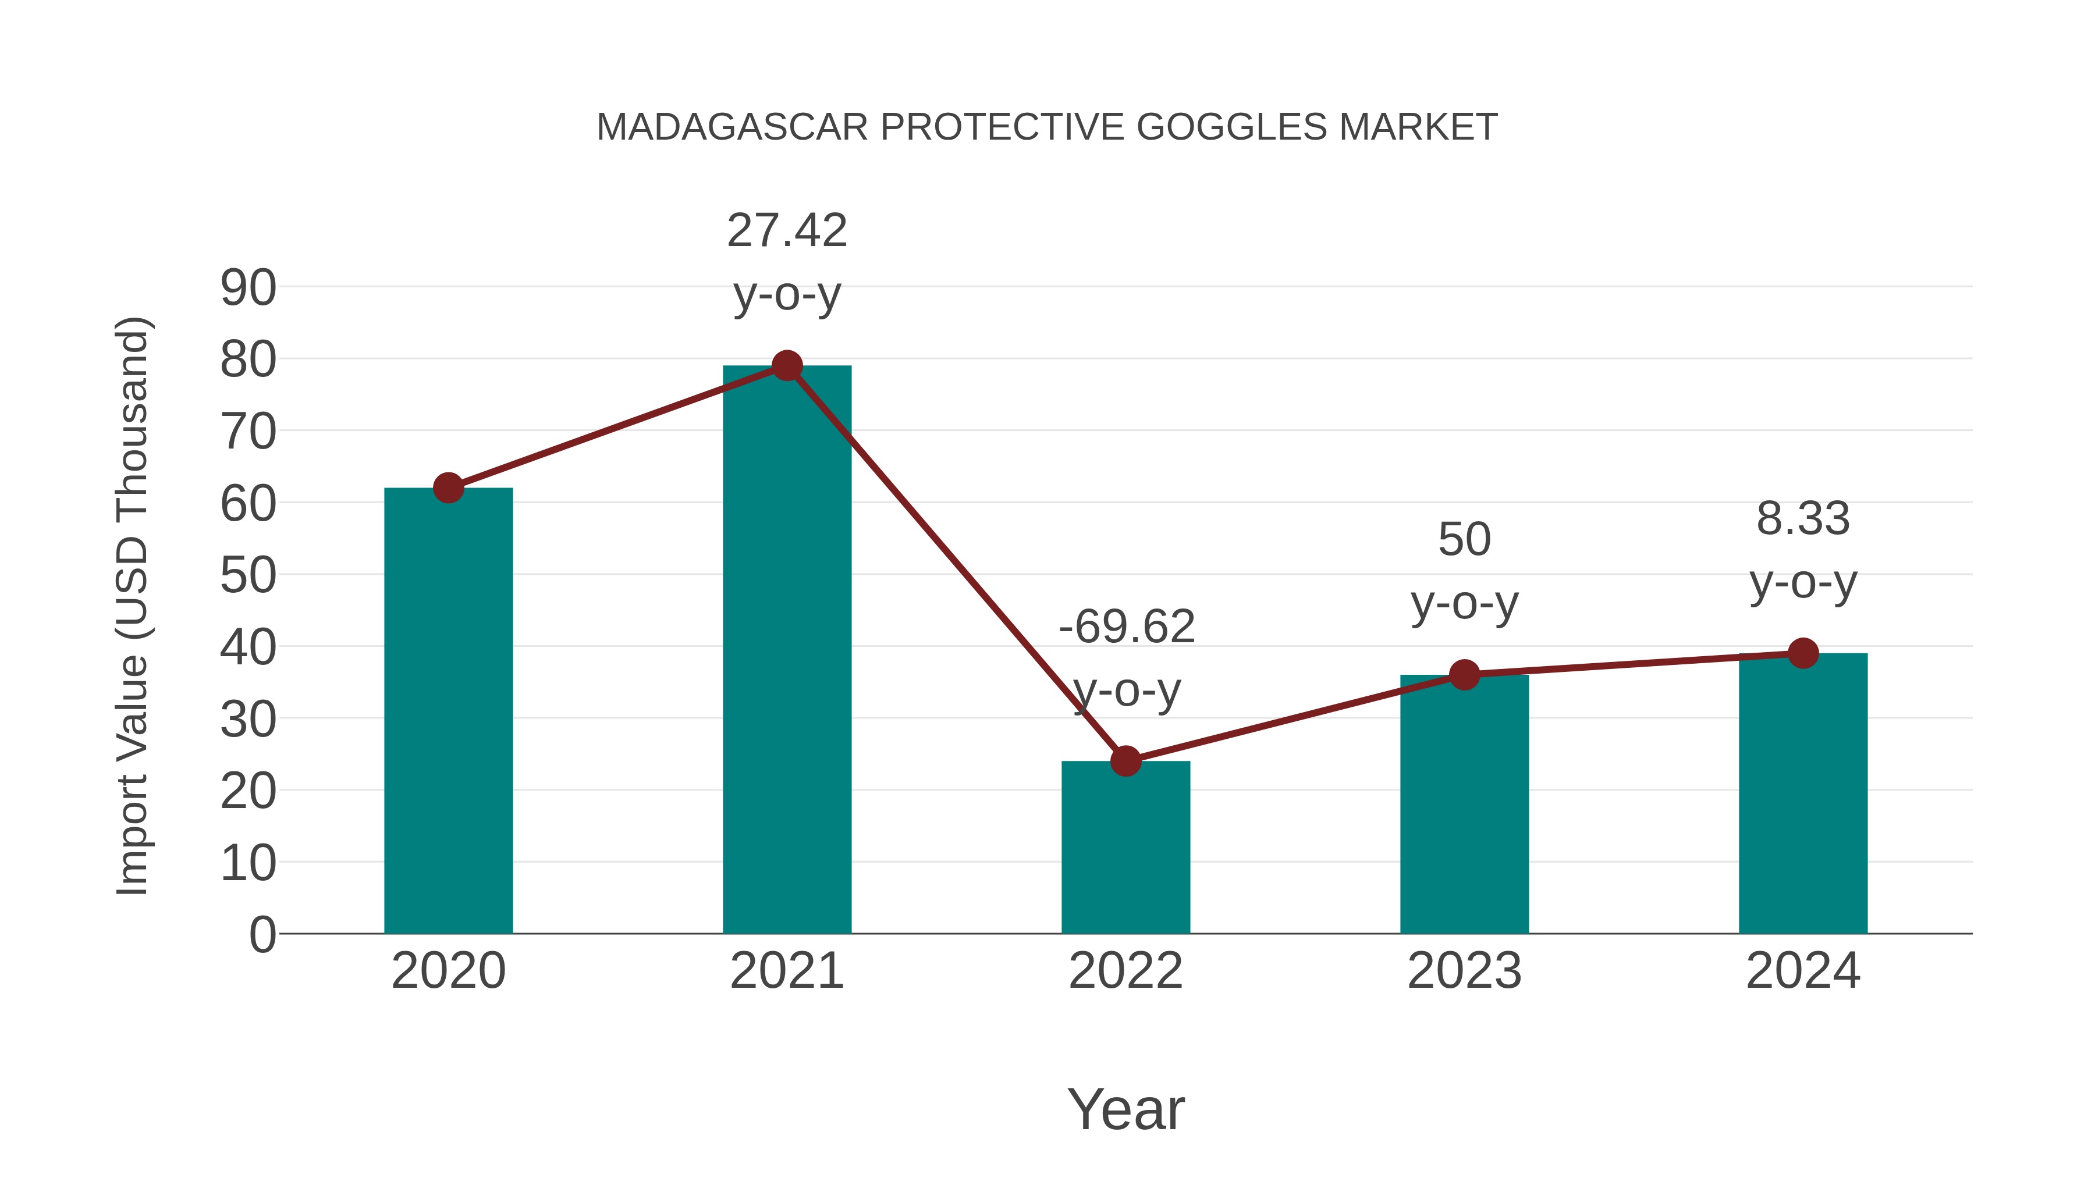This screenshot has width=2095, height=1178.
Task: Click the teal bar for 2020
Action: click(448, 711)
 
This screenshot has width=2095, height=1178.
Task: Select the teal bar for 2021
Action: click(786, 650)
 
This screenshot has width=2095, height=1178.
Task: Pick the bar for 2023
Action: click(1464, 805)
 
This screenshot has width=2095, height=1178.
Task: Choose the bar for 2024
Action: click(1803, 793)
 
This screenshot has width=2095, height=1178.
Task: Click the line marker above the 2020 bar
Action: click(448, 488)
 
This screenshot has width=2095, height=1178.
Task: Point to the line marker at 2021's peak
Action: click(786, 366)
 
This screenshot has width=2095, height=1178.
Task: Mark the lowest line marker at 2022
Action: click(1125, 761)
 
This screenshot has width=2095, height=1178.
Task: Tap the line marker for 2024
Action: click(1803, 653)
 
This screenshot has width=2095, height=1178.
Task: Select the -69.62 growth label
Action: click(1127, 627)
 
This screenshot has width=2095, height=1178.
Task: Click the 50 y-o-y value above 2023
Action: click(1464, 539)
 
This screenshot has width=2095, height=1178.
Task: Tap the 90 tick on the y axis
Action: click(248, 288)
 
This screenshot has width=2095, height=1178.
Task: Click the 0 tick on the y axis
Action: click(262, 934)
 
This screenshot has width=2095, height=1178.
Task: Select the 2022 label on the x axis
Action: click(1125, 971)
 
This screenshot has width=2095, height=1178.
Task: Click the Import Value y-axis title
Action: click(132, 606)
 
